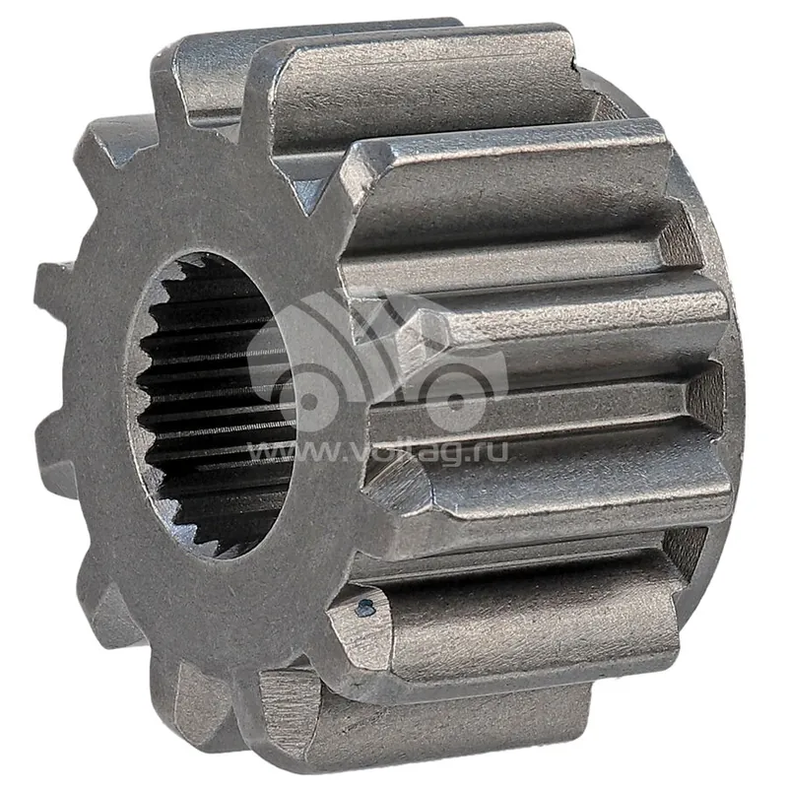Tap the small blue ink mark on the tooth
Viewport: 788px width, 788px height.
[365, 608]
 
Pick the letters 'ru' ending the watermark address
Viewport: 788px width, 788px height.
[490, 451]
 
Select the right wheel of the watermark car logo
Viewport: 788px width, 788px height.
[456, 401]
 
